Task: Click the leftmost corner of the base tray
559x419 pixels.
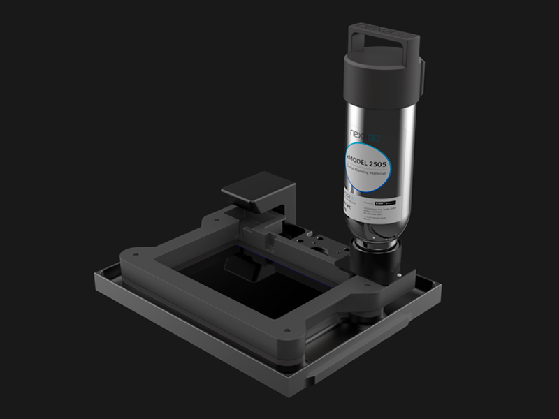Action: point(96,279)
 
